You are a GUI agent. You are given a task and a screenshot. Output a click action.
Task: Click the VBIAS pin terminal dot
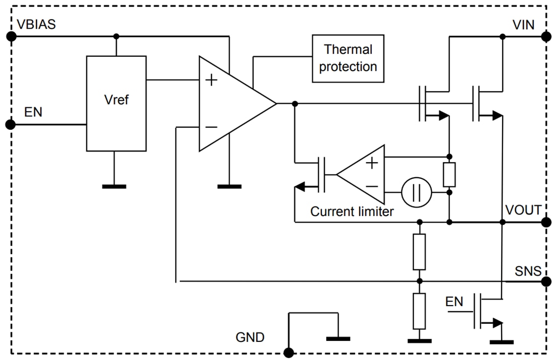(11, 36)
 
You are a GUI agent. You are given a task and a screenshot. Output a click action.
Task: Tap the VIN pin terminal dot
(545, 36)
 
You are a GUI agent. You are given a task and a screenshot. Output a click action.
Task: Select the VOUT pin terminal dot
(545, 222)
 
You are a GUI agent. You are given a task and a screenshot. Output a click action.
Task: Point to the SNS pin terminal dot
(545, 281)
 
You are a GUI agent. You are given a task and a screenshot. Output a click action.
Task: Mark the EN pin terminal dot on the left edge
(11, 124)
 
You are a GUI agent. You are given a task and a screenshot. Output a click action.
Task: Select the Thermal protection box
(348, 58)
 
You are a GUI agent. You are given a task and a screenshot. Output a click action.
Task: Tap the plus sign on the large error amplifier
(212, 80)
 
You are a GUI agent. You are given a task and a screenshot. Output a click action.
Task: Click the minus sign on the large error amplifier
(211, 127)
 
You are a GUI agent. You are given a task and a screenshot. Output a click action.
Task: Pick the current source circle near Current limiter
(417, 192)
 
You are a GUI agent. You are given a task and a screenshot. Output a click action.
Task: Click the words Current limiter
(352, 211)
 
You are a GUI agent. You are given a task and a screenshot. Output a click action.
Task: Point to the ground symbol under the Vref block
(114, 186)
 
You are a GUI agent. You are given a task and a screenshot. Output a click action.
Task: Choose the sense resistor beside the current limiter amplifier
(449, 174)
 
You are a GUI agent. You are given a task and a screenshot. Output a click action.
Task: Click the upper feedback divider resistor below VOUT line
(419, 251)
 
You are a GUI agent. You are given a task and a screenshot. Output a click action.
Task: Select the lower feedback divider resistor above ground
(419, 311)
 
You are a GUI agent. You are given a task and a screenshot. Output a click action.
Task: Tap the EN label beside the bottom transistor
(454, 302)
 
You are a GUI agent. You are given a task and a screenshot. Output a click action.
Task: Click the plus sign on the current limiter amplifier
(372, 163)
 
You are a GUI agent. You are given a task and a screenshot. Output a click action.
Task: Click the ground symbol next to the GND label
(337, 338)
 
